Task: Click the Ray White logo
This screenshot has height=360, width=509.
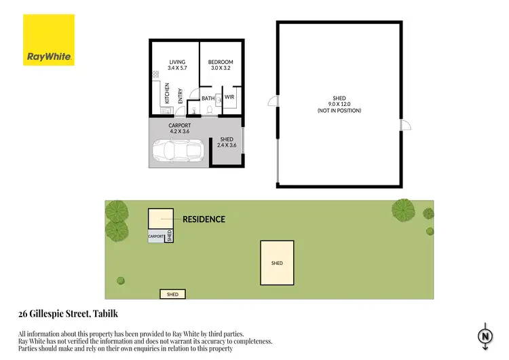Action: point(49,41)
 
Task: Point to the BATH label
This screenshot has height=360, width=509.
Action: point(208,98)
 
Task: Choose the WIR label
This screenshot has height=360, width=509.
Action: point(229,97)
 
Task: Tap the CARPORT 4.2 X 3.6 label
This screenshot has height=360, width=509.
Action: point(180,128)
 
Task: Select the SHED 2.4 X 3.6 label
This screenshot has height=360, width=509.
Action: point(226,143)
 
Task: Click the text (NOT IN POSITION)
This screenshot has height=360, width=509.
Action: point(339,110)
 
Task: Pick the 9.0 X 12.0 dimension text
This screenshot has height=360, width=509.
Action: point(339,104)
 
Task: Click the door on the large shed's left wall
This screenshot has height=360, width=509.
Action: point(273,102)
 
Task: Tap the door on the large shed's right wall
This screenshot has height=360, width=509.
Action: point(404,125)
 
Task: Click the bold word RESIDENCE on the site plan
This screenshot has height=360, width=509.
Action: point(204,219)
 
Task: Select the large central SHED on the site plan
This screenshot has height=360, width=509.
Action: point(277,263)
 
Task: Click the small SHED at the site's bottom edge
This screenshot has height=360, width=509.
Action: point(173,294)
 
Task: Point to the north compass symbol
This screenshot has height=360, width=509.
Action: point(485,336)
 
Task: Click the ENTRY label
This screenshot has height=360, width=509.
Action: point(180,97)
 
